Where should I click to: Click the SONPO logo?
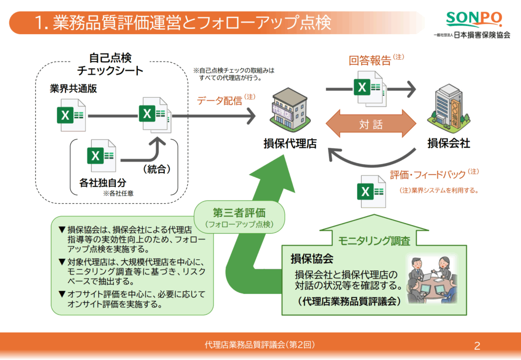click(473, 19)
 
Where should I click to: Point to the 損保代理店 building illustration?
click(288, 112)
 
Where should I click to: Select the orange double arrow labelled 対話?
click(371, 124)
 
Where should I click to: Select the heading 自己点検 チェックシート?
click(110, 64)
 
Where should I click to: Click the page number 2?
click(477, 346)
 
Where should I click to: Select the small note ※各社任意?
click(118, 193)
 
